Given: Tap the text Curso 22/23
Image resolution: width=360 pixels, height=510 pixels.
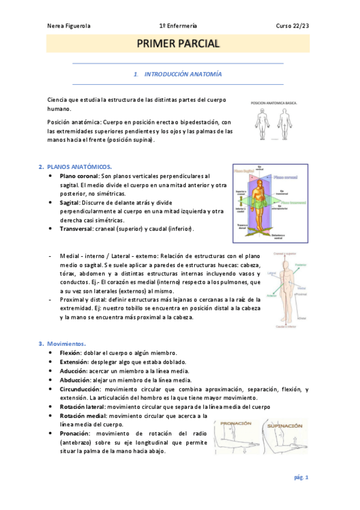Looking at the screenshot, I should coord(292,26).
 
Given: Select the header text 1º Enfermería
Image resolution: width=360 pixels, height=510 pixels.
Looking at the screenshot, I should coord(178,26).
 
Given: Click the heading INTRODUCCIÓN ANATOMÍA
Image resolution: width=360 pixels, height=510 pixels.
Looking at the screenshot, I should coord(183,75).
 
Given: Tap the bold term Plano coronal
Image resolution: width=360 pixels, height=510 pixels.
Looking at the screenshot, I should coord(79,176).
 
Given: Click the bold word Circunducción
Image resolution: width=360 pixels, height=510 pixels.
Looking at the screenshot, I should coord(80,389).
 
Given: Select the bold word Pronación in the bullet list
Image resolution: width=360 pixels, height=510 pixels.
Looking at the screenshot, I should coord(75,434).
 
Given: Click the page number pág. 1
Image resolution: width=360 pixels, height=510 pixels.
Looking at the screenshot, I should coord(301,478).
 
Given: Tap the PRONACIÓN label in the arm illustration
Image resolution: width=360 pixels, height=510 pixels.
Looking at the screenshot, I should coord(236,424).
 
